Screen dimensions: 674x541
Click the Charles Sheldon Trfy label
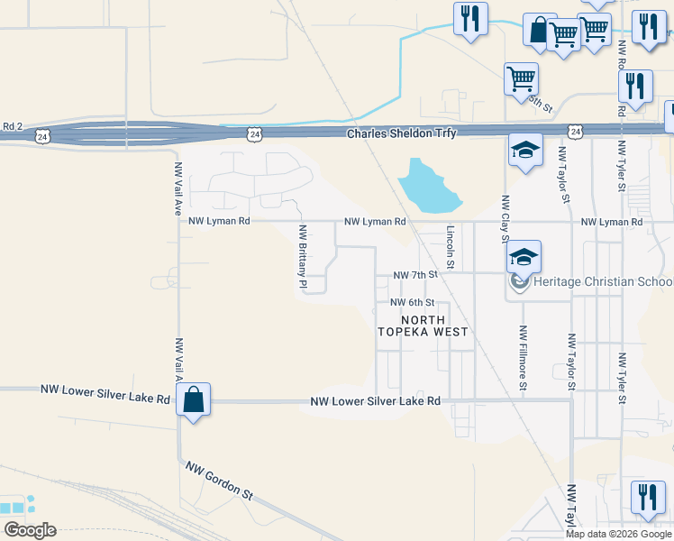[402, 133]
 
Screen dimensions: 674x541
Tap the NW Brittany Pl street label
[304, 257]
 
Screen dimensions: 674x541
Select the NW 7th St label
[415, 274]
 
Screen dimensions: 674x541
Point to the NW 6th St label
[413, 303]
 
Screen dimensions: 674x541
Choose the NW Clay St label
[505, 219]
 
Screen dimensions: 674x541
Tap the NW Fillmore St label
[522, 359]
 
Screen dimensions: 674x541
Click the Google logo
[29, 530]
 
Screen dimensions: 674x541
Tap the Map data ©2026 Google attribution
[618, 534]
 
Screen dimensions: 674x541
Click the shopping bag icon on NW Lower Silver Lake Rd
[194, 399]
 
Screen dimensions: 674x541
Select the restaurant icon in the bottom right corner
[647, 497]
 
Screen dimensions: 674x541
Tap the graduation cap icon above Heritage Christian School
[524, 257]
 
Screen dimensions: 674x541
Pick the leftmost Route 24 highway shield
[41, 135]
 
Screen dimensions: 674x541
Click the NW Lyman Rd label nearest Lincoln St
[375, 221]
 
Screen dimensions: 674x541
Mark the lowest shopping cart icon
[521, 78]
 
